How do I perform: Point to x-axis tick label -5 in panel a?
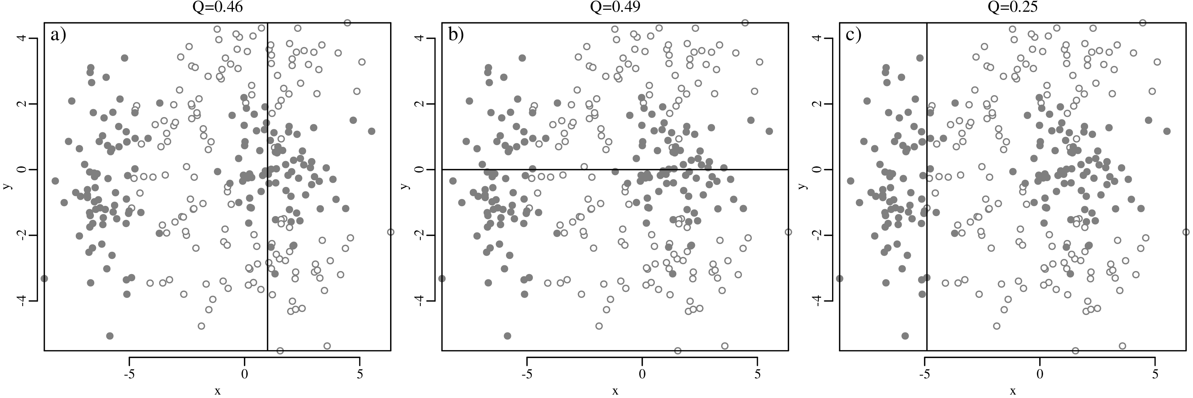point(129,374)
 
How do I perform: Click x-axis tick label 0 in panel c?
point(1040,374)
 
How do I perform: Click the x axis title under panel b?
point(615,392)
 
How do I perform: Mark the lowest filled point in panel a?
point(110,336)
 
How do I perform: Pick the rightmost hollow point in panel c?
point(1185,232)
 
